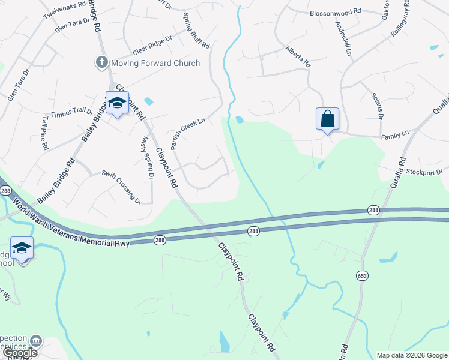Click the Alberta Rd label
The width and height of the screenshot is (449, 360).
[x=298, y=56]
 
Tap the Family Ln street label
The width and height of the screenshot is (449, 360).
[x=395, y=136]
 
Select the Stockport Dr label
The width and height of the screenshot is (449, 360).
[x=423, y=172]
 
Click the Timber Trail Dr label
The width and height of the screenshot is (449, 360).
[x=73, y=113]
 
